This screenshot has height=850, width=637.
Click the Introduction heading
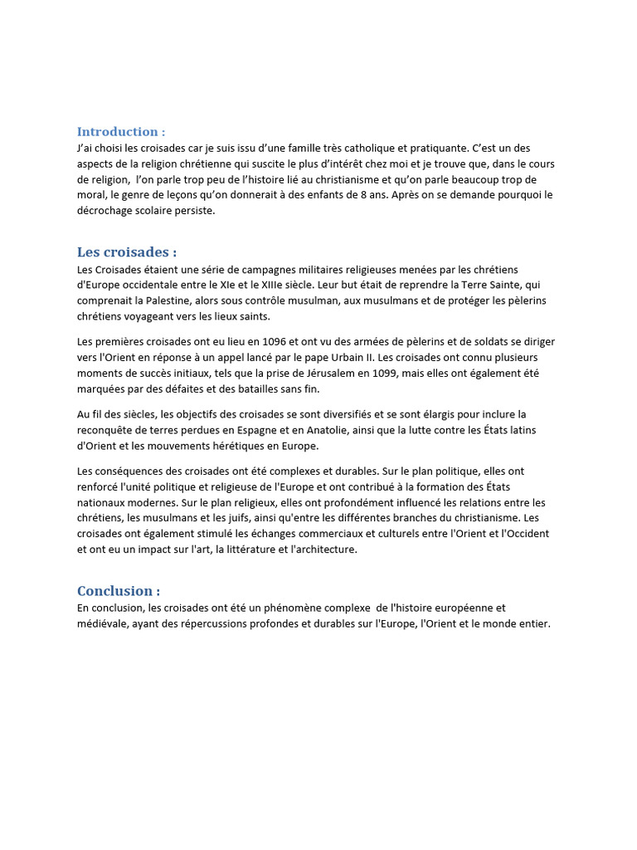coord(121,132)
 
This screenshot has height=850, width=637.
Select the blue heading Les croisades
coord(127,252)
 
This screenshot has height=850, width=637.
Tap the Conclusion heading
coord(119,591)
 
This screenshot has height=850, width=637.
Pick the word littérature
coord(260,550)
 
